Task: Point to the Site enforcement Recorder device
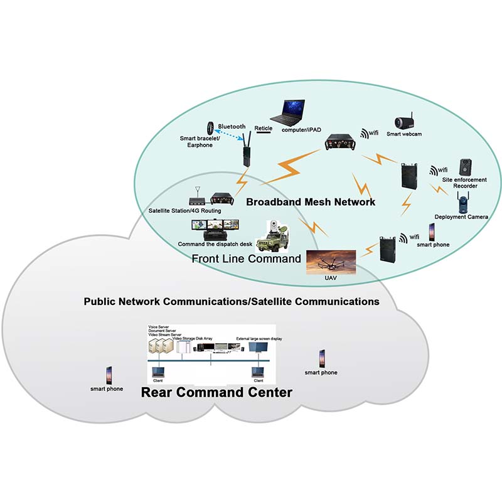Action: [465, 168]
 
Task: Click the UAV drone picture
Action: [330, 261]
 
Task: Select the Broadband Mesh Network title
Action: [311, 202]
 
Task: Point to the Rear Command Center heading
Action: [216, 393]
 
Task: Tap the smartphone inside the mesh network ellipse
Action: [432, 231]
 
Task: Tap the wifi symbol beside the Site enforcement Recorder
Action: [437, 170]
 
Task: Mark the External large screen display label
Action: [259, 339]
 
